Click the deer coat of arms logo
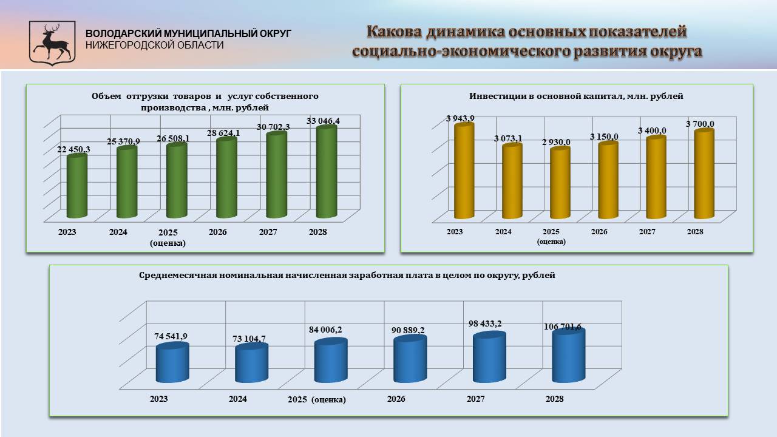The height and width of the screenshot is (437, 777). point(52,43)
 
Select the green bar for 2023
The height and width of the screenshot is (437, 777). point(77,186)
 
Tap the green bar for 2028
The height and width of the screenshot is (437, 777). point(327,172)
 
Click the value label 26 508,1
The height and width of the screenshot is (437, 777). point(173,139)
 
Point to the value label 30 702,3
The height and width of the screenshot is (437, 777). point(273,127)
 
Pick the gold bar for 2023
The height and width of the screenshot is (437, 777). point(464,171)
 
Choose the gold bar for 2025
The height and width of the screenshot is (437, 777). point(560,183)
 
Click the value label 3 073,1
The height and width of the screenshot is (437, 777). point(508,139)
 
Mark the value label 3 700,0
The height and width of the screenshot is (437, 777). point(700,124)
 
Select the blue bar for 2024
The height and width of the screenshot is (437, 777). point(251,363)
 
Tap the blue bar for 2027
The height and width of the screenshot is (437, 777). point(489,357)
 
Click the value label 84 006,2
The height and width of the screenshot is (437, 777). point(325,330)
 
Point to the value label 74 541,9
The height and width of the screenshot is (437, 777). point(171,336)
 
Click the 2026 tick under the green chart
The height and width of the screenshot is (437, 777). point(218,232)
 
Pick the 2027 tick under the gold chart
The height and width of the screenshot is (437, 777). point(647,232)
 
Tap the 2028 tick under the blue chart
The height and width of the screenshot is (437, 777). point(555,399)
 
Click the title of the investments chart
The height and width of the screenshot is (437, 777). point(576,96)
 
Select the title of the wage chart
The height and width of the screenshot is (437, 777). point(347,275)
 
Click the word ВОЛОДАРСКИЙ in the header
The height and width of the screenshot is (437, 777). point(123,33)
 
